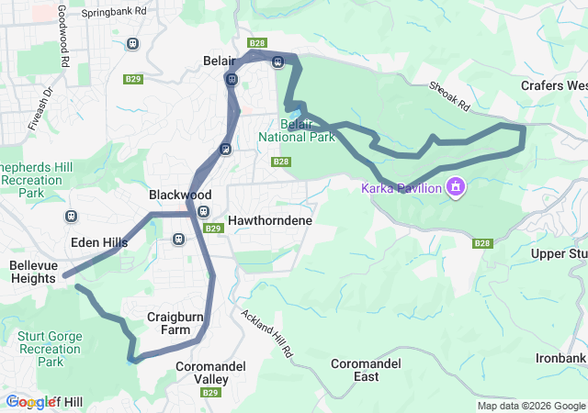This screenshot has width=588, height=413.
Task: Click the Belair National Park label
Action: (x=296, y=130)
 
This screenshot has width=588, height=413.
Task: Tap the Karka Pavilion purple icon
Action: (x=455, y=188)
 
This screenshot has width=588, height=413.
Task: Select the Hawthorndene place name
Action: (x=270, y=221)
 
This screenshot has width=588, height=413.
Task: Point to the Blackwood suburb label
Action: (x=180, y=195)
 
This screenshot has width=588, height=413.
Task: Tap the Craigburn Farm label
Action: (x=175, y=323)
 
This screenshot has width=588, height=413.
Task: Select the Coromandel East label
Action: (x=366, y=370)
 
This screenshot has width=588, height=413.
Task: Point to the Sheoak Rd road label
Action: (x=449, y=95)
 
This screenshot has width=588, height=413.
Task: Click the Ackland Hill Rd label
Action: (x=267, y=332)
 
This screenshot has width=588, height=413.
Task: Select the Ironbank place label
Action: (x=562, y=358)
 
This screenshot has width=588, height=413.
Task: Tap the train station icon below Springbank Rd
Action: (x=133, y=43)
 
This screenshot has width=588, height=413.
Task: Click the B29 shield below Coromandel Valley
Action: (x=210, y=393)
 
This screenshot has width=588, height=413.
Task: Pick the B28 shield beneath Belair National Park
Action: (x=281, y=162)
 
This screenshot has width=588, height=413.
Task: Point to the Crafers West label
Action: (x=555, y=84)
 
